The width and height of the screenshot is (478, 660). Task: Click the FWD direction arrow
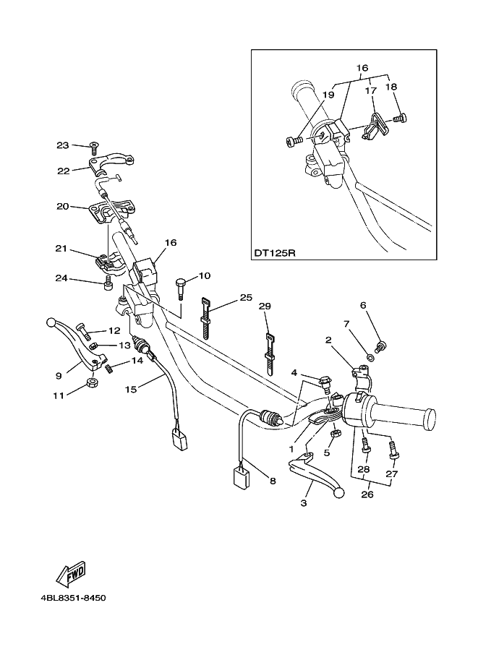pos(72,573)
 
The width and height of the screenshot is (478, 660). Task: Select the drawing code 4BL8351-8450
pos(73,598)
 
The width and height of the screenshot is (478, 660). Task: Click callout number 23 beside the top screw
pos(62,145)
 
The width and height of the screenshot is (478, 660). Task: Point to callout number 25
pos(246,298)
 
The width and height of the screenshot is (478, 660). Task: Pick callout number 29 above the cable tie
pos(265,306)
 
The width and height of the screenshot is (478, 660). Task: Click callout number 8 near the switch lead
pos(273,480)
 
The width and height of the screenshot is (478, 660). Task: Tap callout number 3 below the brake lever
pos(304,502)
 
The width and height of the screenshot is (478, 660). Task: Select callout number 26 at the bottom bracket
pos(367,494)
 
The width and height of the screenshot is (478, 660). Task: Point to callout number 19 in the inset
pos(328,95)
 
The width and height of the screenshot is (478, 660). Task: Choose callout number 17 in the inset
pos(370,91)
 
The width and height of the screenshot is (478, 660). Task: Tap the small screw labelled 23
pos(95,147)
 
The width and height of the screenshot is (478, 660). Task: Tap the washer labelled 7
pos(371,359)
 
